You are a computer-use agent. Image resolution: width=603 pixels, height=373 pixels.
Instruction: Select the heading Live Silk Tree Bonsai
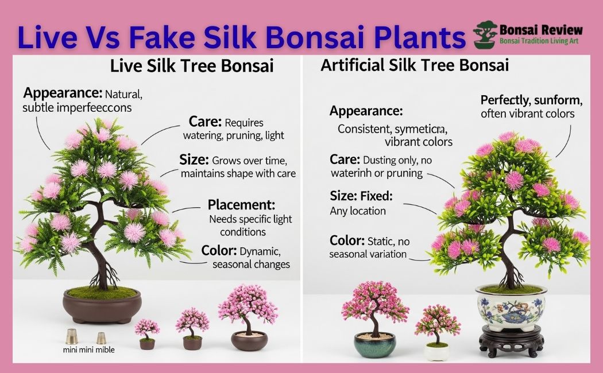[x=192, y=66]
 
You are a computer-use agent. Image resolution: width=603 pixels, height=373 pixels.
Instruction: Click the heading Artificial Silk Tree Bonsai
[x=415, y=65]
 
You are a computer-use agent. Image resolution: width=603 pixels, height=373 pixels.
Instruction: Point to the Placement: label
[x=241, y=205]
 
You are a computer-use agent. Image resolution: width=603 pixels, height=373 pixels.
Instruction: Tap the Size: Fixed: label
[x=361, y=196]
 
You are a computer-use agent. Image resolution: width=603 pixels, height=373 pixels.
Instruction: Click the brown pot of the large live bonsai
[x=101, y=306]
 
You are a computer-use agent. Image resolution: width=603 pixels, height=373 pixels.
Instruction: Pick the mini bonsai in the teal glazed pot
[x=374, y=321]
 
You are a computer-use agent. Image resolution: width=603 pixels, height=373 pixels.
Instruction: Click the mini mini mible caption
[x=88, y=349]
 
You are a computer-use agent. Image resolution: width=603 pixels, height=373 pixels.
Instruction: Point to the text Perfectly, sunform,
[x=531, y=100]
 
